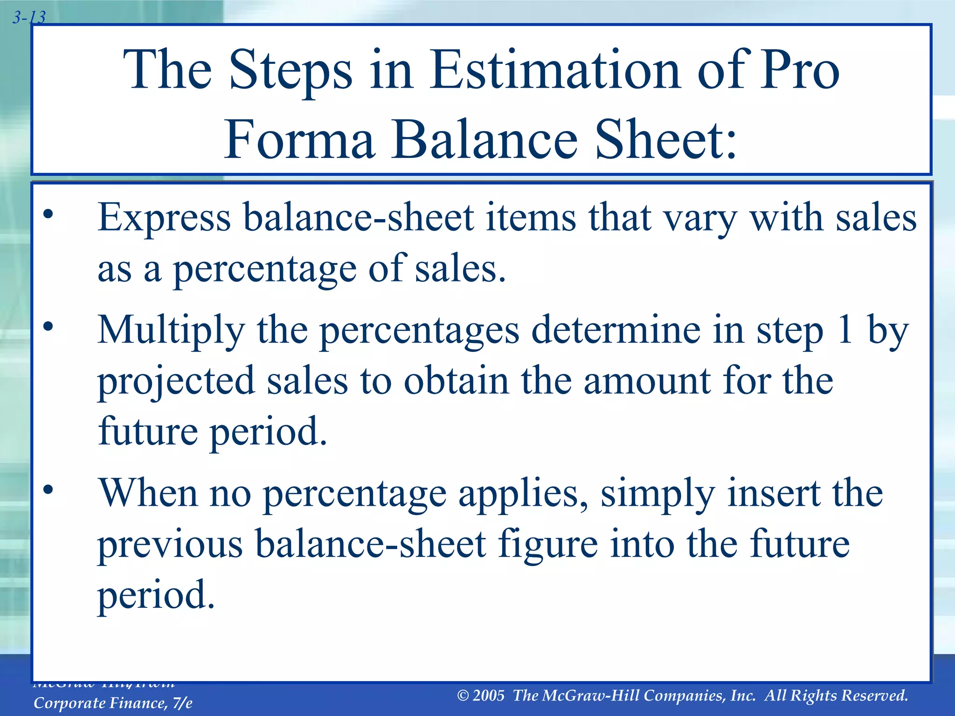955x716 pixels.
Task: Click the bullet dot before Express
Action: pos(48,215)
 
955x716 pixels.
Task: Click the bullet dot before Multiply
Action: pos(48,327)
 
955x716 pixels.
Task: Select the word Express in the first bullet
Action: pos(164,218)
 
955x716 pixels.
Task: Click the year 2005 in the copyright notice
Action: pos(488,695)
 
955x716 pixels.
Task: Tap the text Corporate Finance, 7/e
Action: pos(113,703)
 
